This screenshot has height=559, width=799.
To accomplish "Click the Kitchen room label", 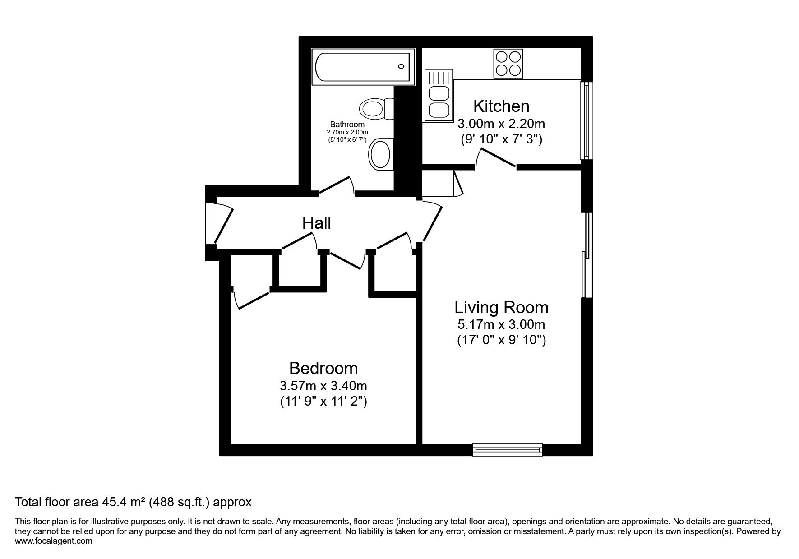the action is pyautogui.click(x=501, y=106).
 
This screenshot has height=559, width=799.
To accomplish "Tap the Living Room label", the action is pyautogui.click(x=501, y=308).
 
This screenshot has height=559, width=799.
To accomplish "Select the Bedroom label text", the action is pyautogui.click(x=323, y=369).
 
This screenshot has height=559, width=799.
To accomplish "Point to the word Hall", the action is pyautogui.click(x=317, y=223).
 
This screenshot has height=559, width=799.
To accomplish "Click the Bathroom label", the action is pyautogui.click(x=347, y=125).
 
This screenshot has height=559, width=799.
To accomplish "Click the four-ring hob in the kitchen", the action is pyautogui.click(x=508, y=63).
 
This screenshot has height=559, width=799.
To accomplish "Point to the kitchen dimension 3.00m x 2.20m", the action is pyautogui.click(x=501, y=123).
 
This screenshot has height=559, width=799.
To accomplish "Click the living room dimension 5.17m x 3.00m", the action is pyautogui.click(x=501, y=324).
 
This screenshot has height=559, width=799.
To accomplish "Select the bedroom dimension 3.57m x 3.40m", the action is pyautogui.click(x=323, y=386).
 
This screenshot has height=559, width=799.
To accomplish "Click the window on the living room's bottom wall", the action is pyautogui.click(x=508, y=449).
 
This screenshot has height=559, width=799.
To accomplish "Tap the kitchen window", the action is pyautogui.click(x=586, y=120).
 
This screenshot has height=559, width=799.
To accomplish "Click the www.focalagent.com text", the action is pyautogui.click(x=54, y=541).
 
